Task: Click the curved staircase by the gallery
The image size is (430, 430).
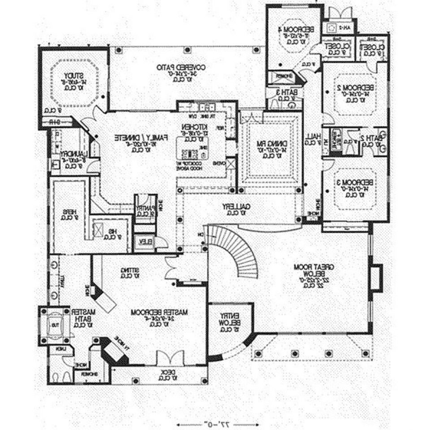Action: [242, 251]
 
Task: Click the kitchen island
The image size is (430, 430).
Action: [196, 148]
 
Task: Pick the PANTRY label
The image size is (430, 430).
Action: [144, 207]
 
